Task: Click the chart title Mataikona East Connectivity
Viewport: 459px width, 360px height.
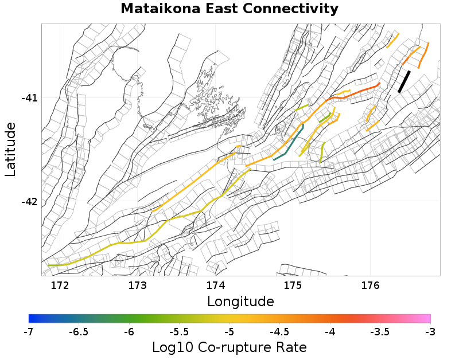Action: coord(229,9)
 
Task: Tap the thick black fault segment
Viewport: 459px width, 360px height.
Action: coord(404,81)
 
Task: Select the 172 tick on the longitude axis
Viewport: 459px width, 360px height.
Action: coord(60,285)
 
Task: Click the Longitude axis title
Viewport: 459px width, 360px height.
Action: coord(240,301)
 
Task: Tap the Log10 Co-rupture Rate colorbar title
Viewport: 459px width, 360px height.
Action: coord(229,347)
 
